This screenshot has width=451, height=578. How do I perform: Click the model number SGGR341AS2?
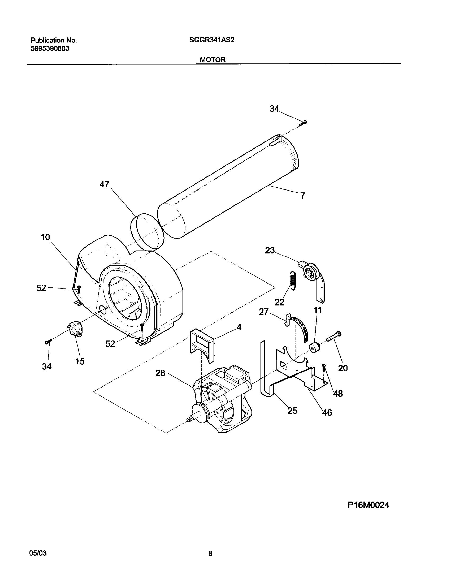coord(212,40)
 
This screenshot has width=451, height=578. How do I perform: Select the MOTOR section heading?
coord(213,60)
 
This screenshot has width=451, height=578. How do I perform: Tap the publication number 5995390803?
coord(50,49)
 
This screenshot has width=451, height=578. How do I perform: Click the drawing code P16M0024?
coord(368,520)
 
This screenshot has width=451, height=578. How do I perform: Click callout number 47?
coord(104,184)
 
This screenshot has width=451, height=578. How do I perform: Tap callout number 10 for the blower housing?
coord(45,237)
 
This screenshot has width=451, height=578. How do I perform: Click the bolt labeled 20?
coord(334,336)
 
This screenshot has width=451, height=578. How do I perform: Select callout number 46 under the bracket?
coord(327,412)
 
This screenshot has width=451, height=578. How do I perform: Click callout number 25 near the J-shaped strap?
coord(292,411)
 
